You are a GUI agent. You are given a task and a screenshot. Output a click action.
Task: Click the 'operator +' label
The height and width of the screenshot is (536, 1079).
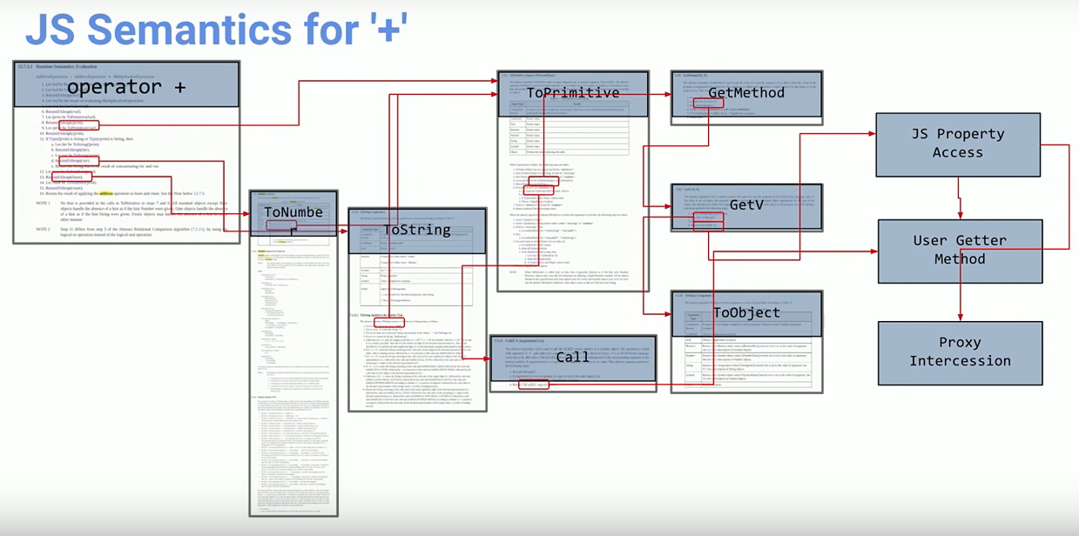126,87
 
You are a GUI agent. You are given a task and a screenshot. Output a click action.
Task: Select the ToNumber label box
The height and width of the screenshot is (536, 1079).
293,213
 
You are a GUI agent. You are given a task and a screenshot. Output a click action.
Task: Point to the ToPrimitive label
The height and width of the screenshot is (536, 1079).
572,93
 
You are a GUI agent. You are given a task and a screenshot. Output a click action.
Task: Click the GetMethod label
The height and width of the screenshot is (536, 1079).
746,93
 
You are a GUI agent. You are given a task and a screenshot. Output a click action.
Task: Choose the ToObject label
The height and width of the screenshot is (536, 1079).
746,312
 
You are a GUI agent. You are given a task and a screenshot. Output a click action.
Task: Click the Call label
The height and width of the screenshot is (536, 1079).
572,358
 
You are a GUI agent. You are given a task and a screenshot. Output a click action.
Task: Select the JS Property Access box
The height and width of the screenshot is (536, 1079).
958,144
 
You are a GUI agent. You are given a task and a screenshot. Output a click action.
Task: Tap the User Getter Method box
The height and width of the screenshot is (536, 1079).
959,250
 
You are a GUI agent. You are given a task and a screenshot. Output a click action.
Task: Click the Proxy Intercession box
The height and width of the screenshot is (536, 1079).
961,352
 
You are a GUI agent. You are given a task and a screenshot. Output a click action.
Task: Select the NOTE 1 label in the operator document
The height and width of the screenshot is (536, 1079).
43,202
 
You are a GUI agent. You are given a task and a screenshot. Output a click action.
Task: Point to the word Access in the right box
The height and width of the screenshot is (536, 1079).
958,153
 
